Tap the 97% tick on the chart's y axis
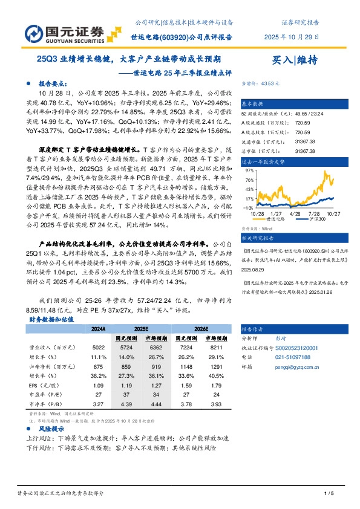248,170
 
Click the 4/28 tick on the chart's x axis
295,213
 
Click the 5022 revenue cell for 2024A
97,348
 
